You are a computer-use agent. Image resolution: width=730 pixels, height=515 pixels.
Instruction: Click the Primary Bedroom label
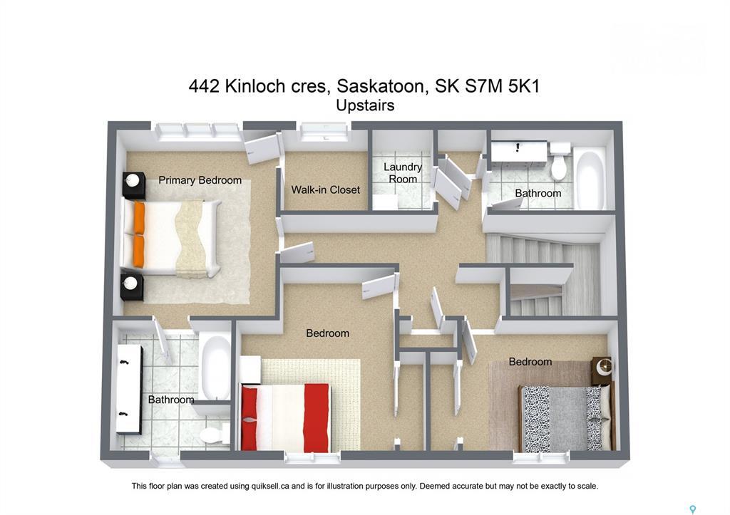(x=200, y=180)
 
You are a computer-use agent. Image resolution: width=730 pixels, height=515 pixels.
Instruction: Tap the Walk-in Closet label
(x=325, y=190)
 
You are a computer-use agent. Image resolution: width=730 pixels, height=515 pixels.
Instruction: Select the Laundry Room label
(x=403, y=173)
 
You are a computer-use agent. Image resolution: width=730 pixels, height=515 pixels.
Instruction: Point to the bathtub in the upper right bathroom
(x=590, y=179)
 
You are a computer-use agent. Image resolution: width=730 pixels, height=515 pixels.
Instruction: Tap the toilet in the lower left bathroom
(x=212, y=434)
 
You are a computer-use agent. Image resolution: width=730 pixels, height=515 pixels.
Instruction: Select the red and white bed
(x=285, y=417)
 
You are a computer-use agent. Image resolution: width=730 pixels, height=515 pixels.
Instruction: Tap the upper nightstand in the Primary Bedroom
(x=133, y=185)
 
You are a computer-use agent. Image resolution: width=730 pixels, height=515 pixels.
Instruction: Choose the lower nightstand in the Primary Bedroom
(x=132, y=285)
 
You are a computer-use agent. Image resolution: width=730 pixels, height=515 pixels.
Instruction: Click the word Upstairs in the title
(x=365, y=105)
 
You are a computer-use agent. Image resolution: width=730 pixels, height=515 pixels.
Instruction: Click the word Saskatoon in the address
(x=377, y=86)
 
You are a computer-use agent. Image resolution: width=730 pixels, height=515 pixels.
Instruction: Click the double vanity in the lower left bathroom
(x=129, y=389)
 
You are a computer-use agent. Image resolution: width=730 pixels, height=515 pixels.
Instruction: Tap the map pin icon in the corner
(x=692, y=509)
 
